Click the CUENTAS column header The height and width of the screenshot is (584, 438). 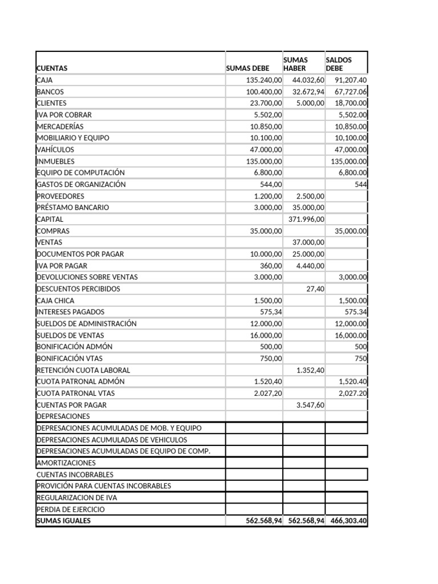click(52, 68)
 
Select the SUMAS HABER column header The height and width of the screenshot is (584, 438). click(295, 64)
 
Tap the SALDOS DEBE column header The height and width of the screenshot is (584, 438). click(339, 64)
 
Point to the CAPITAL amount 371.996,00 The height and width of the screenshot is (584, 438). click(305, 219)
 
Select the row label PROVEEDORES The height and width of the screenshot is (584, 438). click(60, 196)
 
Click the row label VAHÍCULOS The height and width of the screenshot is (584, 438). click(55, 149)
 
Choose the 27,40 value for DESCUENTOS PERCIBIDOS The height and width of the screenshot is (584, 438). click(315, 289)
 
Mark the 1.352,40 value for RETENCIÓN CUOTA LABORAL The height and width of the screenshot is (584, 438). click(310, 370)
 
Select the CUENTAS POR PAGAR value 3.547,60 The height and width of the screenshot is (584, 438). click(310, 405)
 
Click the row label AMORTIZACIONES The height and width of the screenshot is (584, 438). click(66, 463)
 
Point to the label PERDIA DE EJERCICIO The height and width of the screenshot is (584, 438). click(71, 509)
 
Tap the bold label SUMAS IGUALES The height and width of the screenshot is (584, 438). click(63, 521)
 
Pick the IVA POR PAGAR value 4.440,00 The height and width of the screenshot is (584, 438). click(310, 266)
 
